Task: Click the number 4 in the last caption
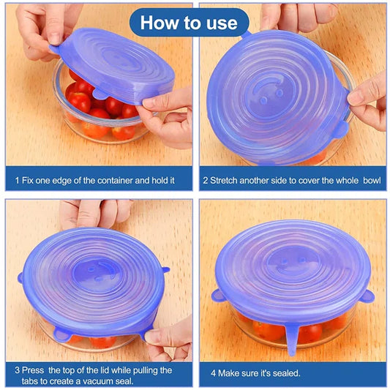pos(213,373)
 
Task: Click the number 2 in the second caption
pos(206,179)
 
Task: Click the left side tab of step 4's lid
pos(217,296)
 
